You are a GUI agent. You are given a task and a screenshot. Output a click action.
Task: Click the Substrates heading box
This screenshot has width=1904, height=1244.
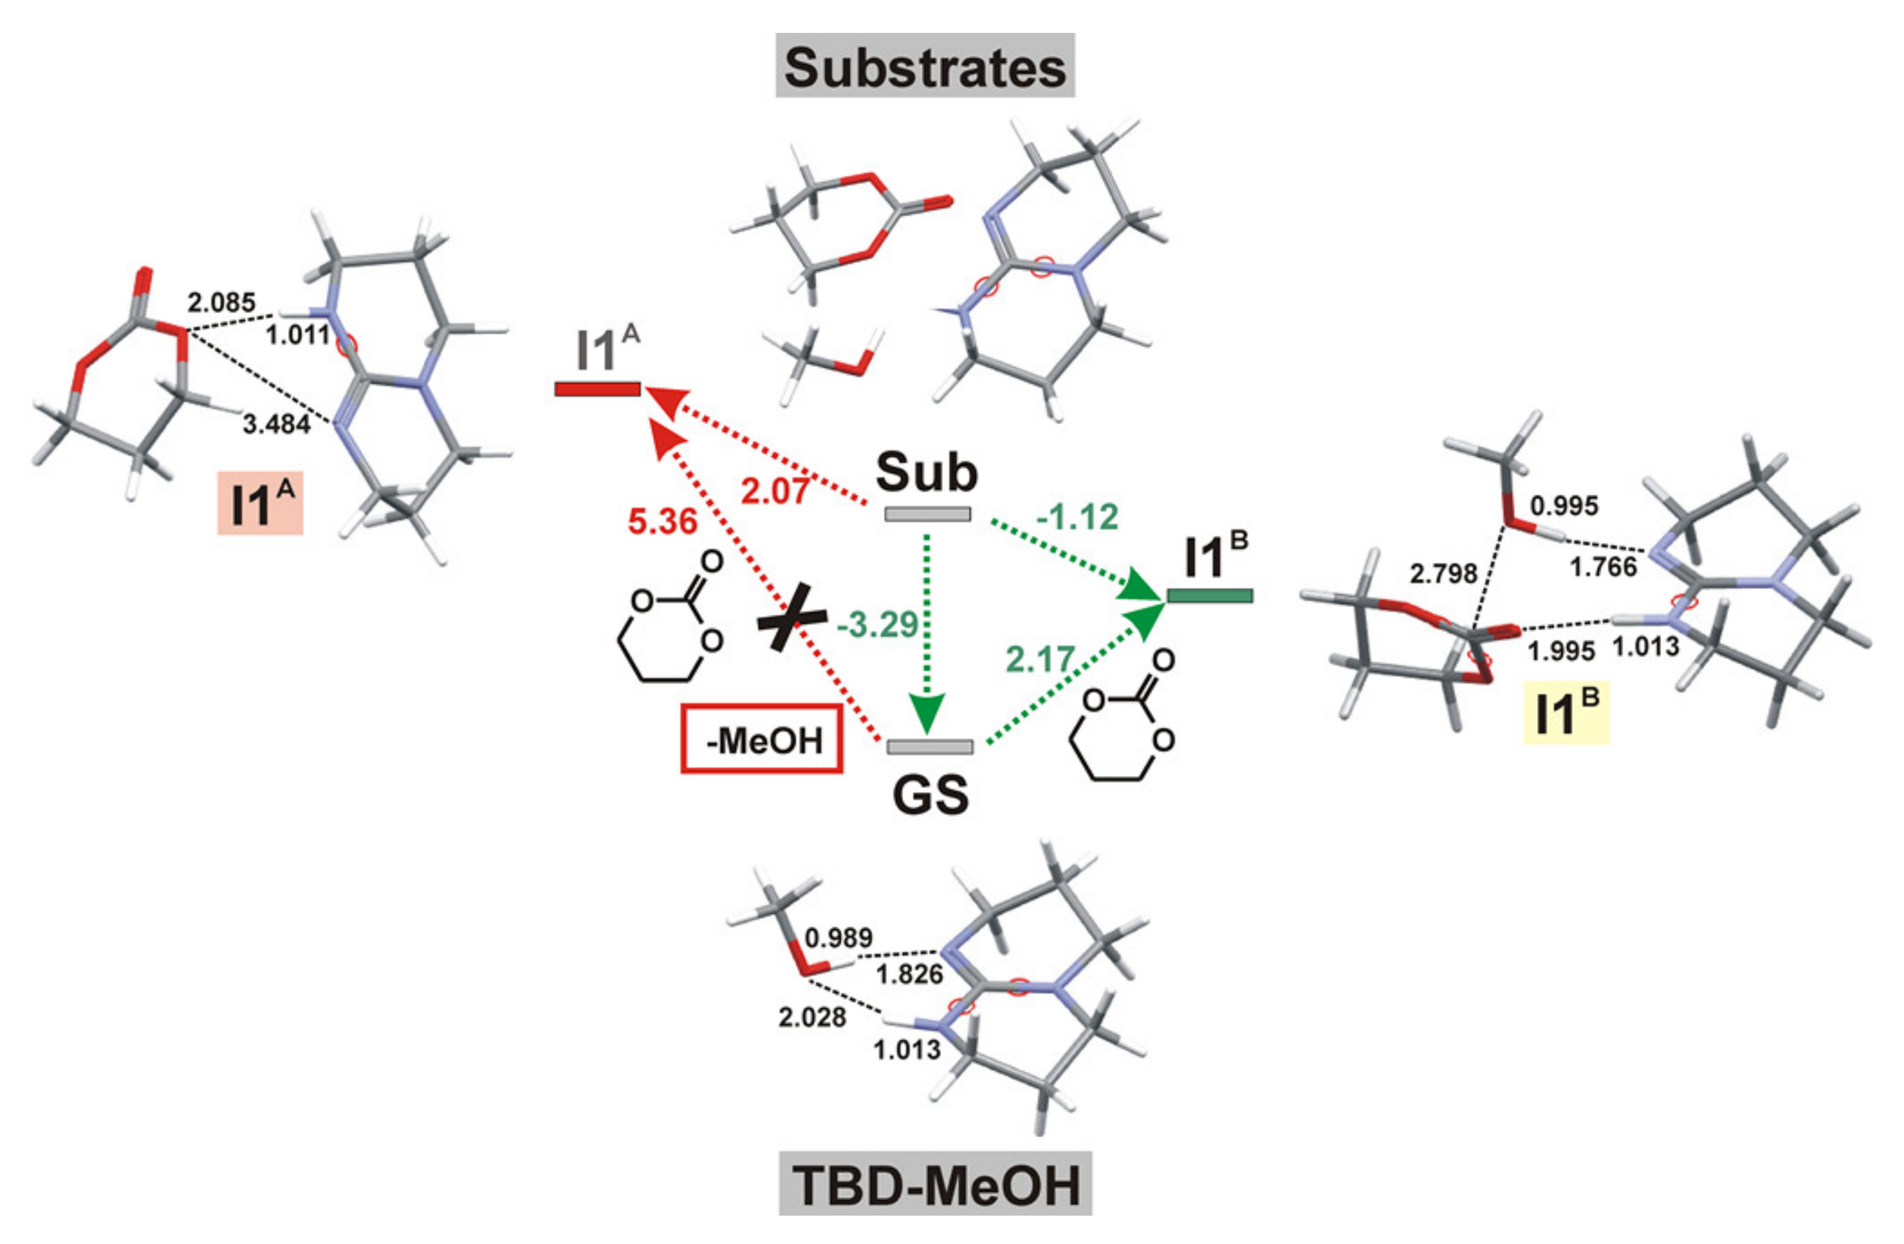coord(925,66)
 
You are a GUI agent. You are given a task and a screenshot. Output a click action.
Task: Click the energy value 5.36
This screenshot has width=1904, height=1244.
coord(663,521)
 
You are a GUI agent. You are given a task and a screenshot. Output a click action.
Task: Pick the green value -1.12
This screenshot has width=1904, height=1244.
coord(1077,518)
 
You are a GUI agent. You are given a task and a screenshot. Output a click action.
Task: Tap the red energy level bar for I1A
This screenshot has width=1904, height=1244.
coord(597,389)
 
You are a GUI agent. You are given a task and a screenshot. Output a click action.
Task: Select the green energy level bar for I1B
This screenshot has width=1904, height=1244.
coord(1210,595)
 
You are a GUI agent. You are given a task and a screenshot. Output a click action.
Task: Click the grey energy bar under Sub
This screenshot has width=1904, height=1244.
coord(928,514)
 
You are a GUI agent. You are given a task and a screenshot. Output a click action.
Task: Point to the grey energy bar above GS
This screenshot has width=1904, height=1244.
coord(929,746)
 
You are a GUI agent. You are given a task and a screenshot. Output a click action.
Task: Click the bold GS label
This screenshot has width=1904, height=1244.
coord(930,795)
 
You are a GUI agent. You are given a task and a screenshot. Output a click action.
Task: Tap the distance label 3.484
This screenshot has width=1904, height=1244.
coord(276,425)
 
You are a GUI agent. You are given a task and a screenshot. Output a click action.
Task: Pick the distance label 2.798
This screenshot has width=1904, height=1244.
coord(1443,573)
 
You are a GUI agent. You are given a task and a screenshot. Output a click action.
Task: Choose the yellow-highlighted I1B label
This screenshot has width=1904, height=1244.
coord(1566,714)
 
